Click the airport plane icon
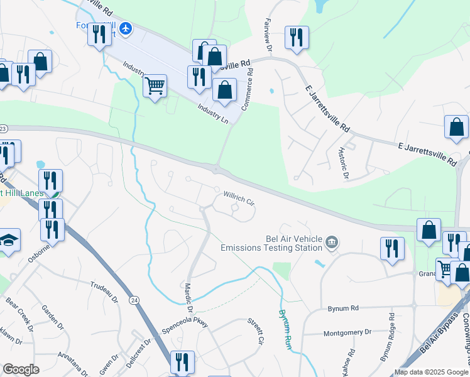(126, 28)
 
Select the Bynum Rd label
(343, 309)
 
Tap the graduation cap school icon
(9, 240)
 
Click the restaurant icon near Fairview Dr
(296, 37)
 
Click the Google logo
(21, 369)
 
